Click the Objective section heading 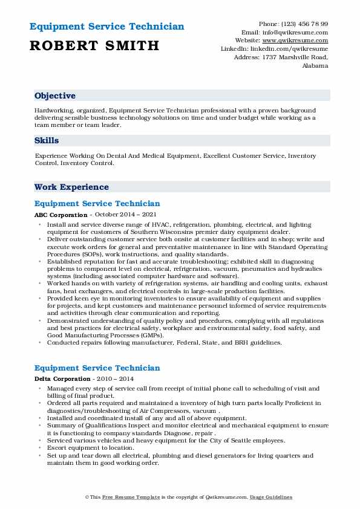[55, 96]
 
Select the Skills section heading [47, 140]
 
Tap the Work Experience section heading [71, 187]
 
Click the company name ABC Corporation [61, 215]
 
